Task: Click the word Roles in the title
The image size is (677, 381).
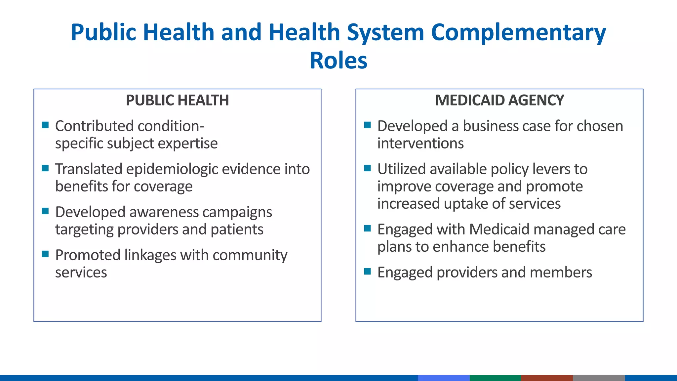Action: point(338,61)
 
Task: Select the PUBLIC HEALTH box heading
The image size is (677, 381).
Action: point(177,100)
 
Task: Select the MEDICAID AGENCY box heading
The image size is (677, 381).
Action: point(499,100)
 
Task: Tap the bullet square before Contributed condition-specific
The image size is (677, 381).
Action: point(46,125)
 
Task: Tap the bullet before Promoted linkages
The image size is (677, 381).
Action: point(46,254)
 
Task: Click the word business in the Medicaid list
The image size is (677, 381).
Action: point(490,126)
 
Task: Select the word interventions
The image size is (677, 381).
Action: point(420,143)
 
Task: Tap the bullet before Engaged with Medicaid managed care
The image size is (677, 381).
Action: point(368,228)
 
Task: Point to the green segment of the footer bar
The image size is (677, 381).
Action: point(495,378)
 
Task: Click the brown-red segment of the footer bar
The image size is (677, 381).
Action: point(547,378)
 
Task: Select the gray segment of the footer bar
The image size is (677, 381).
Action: point(598,378)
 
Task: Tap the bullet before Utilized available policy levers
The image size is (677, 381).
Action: point(368,168)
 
